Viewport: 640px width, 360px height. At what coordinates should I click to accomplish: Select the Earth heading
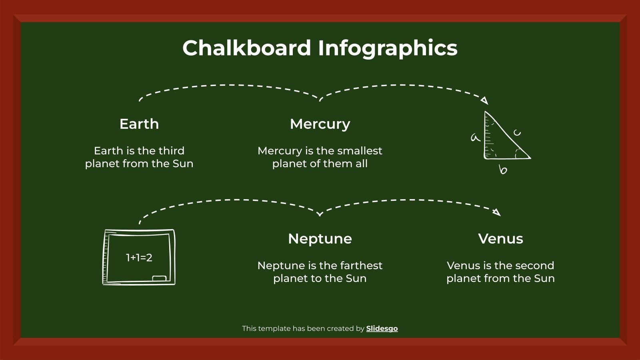[139, 124]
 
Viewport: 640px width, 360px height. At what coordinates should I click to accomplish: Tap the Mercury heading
[320, 124]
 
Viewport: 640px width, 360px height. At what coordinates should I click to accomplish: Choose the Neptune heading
[320, 239]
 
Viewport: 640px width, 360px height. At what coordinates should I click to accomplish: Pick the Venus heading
[500, 239]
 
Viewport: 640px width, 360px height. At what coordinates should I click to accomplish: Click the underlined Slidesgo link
[382, 328]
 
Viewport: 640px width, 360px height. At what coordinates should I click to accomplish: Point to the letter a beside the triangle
[475, 138]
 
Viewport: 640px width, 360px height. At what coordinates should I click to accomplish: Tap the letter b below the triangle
[503, 170]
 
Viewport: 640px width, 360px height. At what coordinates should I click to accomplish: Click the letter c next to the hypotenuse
[517, 132]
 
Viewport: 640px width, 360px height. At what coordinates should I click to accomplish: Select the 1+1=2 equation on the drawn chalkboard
[139, 258]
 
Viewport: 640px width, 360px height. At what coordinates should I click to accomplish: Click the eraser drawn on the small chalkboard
[159, 278]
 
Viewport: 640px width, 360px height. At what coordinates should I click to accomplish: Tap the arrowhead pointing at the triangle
[485, 100]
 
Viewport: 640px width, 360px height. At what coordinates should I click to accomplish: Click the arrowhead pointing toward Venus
[497, 212]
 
